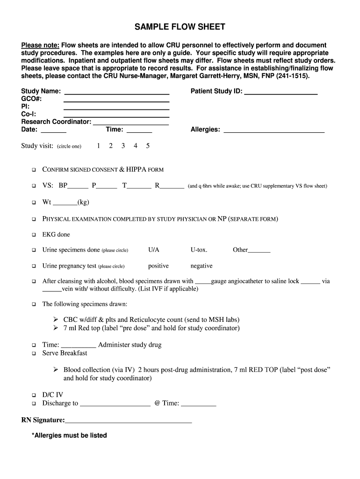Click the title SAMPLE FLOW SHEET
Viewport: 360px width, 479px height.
pos(180,27)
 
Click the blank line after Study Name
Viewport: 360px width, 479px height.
pos(116,92)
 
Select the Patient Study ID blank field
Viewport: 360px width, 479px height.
pos(281,92)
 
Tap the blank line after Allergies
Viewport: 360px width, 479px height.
pos(274,130)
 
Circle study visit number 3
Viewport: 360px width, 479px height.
pos(123,146)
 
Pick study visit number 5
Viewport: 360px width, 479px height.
pos(148,146)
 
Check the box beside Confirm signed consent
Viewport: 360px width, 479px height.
pos(34,170)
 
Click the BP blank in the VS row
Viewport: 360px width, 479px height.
pos(78,186)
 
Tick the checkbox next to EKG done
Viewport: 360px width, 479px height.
pos(34,235)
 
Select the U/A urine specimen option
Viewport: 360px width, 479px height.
pos(154,250)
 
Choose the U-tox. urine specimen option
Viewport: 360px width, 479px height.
pos(199,250)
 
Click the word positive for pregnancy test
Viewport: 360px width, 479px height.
pos(158,266)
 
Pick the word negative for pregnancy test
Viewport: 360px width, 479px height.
pos(202,266)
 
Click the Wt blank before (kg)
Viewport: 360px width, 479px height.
pos(65,203)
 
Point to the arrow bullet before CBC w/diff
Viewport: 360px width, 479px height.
pos(56,320)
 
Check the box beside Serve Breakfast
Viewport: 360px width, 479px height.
pos(34,354)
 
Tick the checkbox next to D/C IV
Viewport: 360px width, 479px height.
pos(34,395)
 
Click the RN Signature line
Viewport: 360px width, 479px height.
pos(129,421)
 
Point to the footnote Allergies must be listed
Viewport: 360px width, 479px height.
pos(69,435)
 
